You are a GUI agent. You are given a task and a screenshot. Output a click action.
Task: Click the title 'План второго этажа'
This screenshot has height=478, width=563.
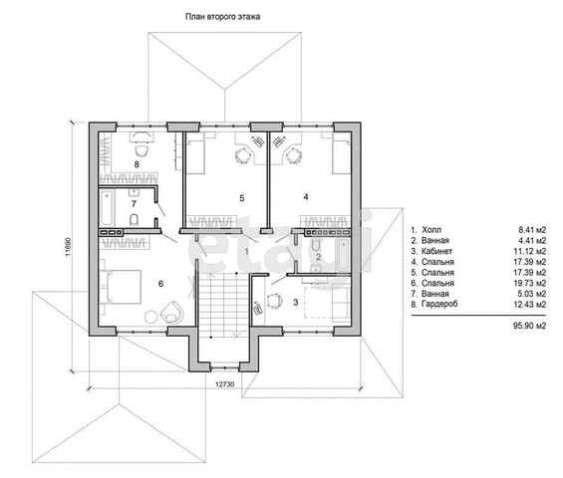pos(222,17)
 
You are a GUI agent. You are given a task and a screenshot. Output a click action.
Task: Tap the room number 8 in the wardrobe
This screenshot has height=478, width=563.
pos(137,164)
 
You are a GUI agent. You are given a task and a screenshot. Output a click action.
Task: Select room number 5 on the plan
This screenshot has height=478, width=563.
pos(242,198)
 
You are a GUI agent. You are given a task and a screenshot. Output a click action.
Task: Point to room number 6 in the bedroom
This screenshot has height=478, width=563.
pos(160,284)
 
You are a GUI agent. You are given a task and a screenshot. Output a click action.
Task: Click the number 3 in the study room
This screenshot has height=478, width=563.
pos(296,303)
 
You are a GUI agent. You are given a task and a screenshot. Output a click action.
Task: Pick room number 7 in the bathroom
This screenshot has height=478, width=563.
pos(134,204)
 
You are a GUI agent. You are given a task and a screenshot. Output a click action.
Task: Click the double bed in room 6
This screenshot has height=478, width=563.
pos(121,287)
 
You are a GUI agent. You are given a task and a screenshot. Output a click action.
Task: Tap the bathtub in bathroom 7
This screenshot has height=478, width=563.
pos(107,208)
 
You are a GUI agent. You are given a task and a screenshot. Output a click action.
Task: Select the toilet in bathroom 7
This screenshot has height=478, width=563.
pos(134,219)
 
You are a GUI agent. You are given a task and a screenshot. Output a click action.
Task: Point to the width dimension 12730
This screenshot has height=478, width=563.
pos(225,384)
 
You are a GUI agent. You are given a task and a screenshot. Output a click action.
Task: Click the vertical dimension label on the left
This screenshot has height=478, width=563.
pos(68,248)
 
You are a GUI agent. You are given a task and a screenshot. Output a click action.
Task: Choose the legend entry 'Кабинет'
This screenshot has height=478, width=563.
pos(436,251)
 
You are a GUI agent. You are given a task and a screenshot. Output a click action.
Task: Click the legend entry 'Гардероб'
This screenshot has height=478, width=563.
pos(439,305)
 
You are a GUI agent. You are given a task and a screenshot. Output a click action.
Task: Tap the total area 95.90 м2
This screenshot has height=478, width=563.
pos(529,326)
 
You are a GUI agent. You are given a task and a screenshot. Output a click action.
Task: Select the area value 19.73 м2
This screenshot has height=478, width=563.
pos(529,283)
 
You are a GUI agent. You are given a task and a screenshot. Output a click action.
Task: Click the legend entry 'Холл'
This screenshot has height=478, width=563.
pos(431,230)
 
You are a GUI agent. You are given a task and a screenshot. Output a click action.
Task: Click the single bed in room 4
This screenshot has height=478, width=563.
pos(341,156)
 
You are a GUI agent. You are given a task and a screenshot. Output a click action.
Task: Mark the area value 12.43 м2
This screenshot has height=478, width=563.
pos(529,305)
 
